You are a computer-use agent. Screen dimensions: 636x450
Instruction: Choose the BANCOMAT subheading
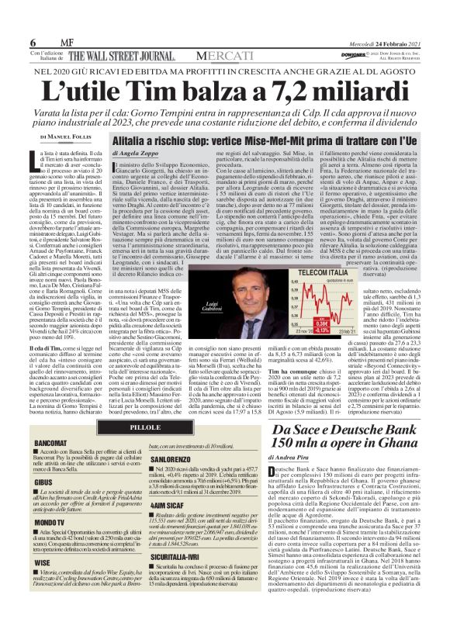coord(50,444)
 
